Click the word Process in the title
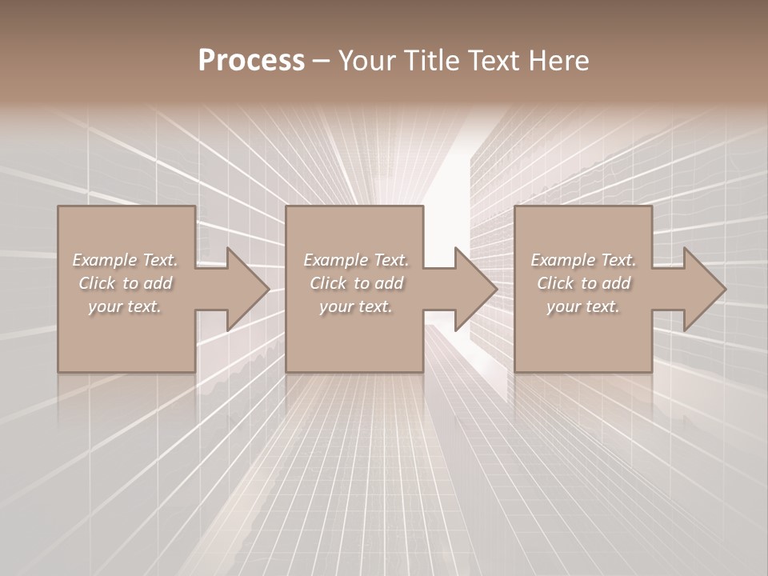[251, 61]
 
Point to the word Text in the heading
[494, 61]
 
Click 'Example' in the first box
[104, 260]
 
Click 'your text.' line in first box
[125, 306]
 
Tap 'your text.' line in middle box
[356, 306]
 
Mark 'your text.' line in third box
[583, 306]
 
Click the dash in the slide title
[321, 61]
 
